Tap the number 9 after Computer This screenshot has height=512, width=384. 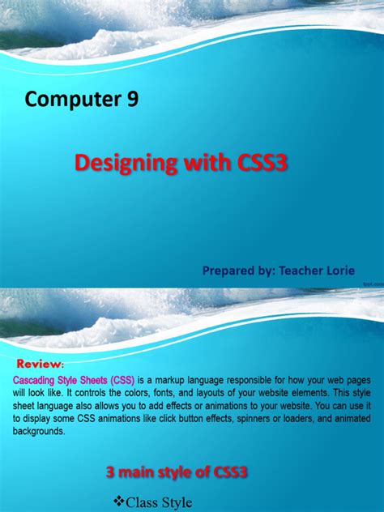(132, 100)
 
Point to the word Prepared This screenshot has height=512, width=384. (229, 270)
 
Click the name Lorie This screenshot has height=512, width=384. (339, 270)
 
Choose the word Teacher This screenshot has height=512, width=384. (300, 270)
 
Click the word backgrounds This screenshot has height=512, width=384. (40, 420)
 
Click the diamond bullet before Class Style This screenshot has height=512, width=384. (119, 502)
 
